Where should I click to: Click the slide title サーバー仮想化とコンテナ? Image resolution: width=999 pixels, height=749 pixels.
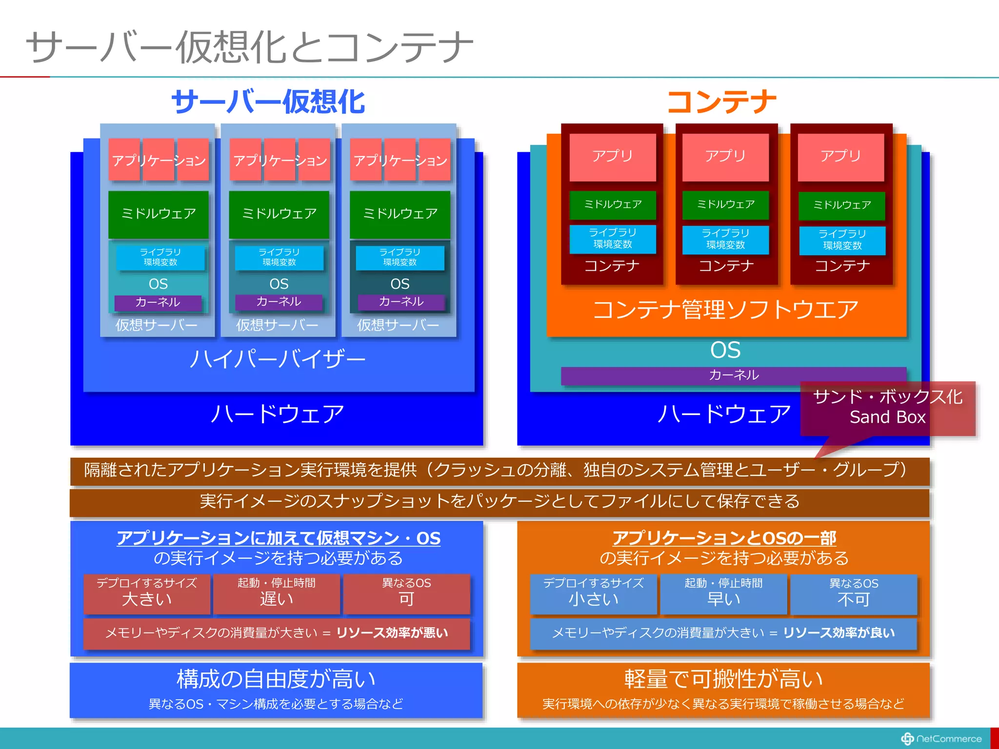[x=249, y=47]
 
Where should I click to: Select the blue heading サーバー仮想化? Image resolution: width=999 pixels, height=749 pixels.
[x=268, y=102]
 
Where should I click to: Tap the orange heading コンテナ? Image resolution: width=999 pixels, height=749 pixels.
[x=721, y=102]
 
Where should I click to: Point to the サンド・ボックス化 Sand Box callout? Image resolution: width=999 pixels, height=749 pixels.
[x=887, y=408]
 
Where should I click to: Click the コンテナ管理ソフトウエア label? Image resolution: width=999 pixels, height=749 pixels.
[x=725, y=310]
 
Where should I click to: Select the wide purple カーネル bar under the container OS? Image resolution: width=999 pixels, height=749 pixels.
[x=733, y=375]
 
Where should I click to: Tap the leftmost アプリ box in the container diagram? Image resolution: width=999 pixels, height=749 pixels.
[x=612, y=157]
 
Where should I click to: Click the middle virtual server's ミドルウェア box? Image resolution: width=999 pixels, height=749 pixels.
[x=279, y=214]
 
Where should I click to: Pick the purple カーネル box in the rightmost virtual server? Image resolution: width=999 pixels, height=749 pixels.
[x=401, y=302]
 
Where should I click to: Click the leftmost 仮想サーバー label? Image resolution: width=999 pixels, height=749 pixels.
[x=157, y=325]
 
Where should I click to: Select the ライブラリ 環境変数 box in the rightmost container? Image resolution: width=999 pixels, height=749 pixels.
[x=842, y=240]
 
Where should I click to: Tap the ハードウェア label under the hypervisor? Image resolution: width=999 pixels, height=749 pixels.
[x=277, y=414]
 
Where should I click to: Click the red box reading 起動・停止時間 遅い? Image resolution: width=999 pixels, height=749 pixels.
[x=277, y=593]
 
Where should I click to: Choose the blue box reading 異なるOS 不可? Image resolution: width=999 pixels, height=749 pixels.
[x=853, y=593]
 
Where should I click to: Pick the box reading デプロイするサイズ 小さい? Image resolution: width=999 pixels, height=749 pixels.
[x=593, y=593]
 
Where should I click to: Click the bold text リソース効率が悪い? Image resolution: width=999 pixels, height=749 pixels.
[x=392, y=633]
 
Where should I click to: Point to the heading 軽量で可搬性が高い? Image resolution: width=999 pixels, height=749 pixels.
[x=723, y=679]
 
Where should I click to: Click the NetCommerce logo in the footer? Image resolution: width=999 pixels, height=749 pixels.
[x=941, y=739]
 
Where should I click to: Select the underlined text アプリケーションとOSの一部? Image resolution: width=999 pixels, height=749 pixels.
[x=724, y=538]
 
